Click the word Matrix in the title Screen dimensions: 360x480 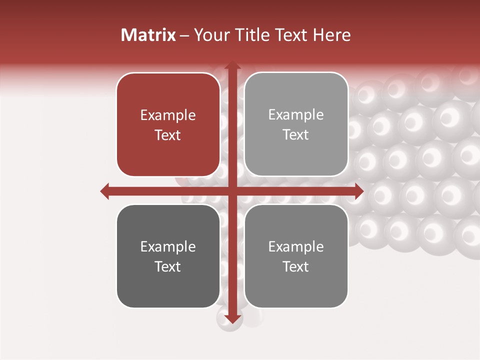click(x=148, y=35)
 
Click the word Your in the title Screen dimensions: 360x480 click(x=210, y=35)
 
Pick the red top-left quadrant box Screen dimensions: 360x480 click(x=168, y=124)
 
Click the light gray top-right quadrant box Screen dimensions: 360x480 click(x=296, y=124)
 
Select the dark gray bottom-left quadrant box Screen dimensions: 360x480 click(x=168, y=256)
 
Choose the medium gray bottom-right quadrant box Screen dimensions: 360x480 click(x=296, y=256)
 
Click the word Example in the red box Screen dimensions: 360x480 click(x=168, y=115)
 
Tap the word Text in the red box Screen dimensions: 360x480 click(x=168, y=135)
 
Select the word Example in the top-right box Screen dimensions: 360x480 click(x=296, y=115)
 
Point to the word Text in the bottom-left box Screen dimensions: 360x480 click(x=168, y=266)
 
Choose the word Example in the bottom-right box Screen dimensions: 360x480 click(x=296, y=246)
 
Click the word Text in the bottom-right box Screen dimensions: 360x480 click(x=296, y=266)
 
